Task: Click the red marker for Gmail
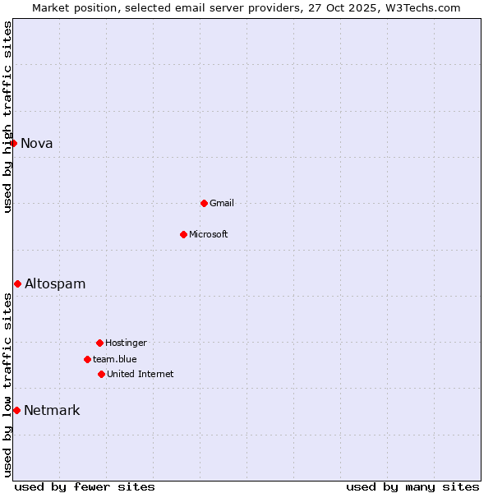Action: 204,203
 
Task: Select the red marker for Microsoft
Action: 183,234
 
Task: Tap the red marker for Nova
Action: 13,143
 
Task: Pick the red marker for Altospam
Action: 17,283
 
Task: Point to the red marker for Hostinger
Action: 99,343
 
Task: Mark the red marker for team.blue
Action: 87,359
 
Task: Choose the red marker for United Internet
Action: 101,374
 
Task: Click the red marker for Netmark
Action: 16,410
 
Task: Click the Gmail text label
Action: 222,203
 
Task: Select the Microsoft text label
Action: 209,234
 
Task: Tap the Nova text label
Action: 37,143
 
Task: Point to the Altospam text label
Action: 55,283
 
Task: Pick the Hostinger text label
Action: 126,343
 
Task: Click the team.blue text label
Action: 115,359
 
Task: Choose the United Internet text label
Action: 141,374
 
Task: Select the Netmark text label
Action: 52,410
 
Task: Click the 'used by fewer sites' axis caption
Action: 85,486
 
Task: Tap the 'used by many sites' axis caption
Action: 412,486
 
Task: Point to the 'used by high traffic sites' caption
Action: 7,117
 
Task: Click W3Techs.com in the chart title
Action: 420,7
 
